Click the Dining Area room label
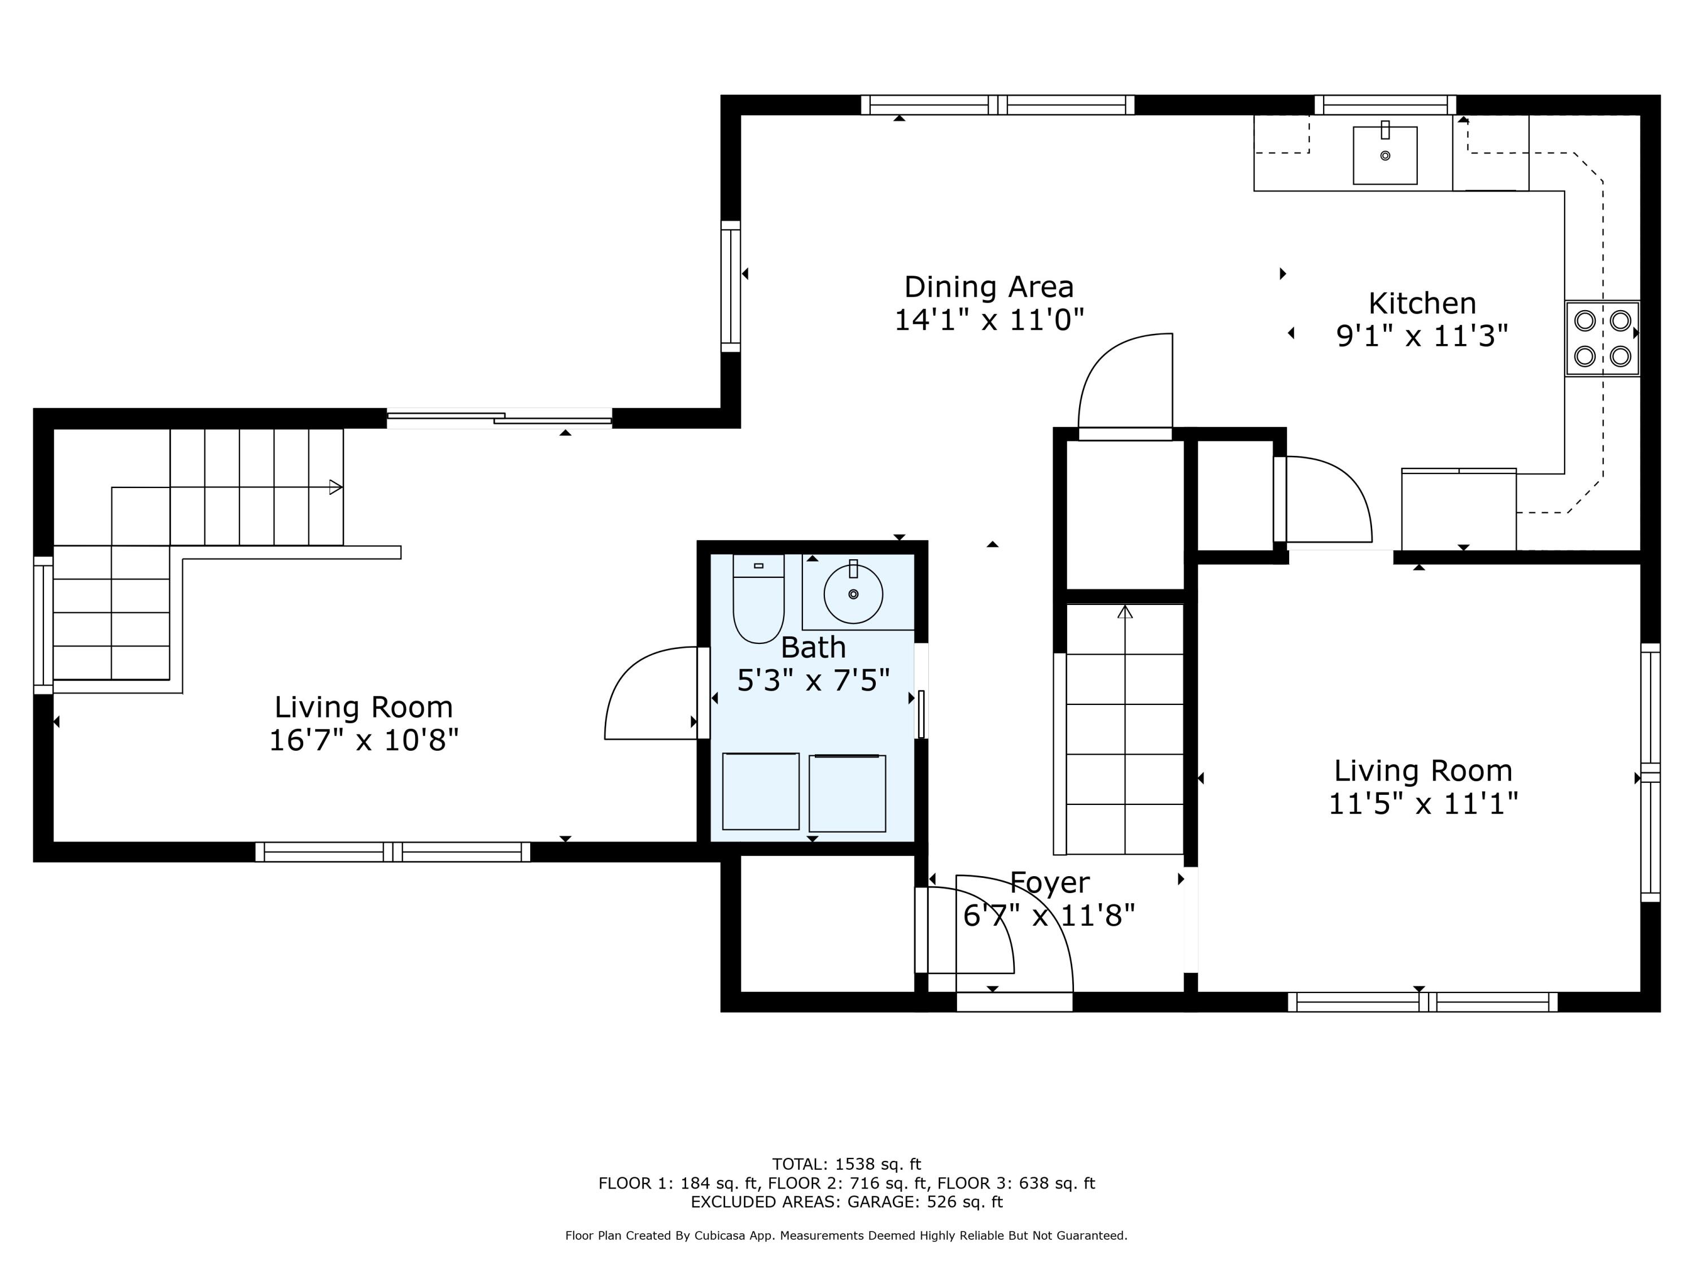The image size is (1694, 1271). point(989,288)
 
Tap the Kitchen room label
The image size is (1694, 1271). point(1422,303)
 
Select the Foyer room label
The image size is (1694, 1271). point(1049,882)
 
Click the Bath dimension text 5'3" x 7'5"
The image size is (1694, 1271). point(813,680)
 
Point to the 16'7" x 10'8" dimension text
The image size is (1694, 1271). point(364,740)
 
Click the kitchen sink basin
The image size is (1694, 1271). point(1385,155)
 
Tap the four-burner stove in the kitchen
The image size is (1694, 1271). point(1602,338)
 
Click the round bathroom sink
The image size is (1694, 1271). point(853,594)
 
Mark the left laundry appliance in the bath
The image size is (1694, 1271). point(761,791)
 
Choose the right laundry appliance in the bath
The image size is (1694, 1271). point(847,793)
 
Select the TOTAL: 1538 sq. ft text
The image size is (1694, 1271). point(846,1164)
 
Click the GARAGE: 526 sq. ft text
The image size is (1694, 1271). point(924,1202)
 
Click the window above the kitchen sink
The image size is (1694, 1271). point(1385,105)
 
